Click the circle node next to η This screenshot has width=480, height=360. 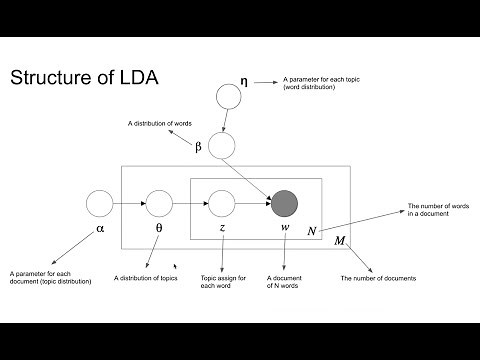point(229,97)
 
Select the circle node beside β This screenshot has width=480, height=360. point(220,146)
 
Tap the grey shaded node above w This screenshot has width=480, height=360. point(284,203)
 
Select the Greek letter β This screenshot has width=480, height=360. point(198,147)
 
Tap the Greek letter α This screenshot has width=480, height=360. point(99,228)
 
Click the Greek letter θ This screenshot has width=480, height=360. point(159,228)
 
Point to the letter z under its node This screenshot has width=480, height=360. point(221,228)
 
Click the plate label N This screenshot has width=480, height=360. point(312,231)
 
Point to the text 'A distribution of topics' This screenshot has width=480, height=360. point(145,278)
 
